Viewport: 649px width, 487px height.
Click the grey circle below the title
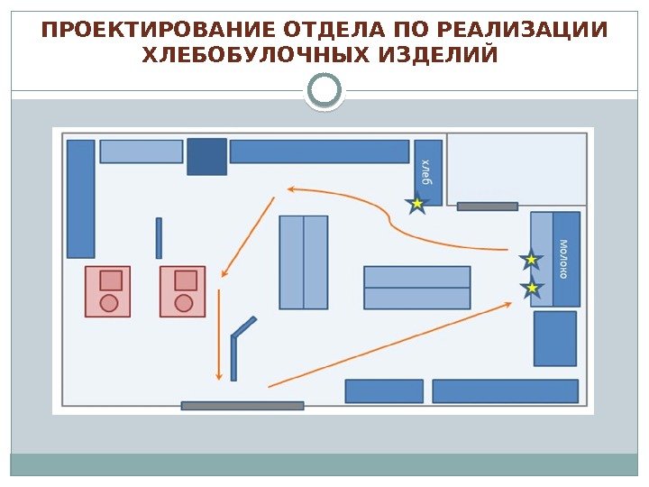point(324,91)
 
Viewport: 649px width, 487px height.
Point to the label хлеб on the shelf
point(427,170)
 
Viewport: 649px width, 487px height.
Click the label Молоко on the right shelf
point(564,258)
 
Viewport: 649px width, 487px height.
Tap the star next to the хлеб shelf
point(416,205)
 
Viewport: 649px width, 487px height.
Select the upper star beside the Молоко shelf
point(531,260)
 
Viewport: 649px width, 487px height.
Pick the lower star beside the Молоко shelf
point(532,288)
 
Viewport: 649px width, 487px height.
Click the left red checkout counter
point(107,291)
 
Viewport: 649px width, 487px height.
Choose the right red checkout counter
point(183,291)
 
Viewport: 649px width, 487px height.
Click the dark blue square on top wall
point(206,156)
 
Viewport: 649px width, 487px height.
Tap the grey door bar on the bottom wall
point(242,406)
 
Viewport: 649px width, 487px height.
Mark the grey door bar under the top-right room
point(487,207)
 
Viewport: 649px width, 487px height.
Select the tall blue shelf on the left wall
point(81,198)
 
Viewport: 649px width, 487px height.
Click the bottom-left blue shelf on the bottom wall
point(384,391)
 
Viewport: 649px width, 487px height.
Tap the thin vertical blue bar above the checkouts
point(159,237)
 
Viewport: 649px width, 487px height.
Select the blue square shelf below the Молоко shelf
point(554,338)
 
